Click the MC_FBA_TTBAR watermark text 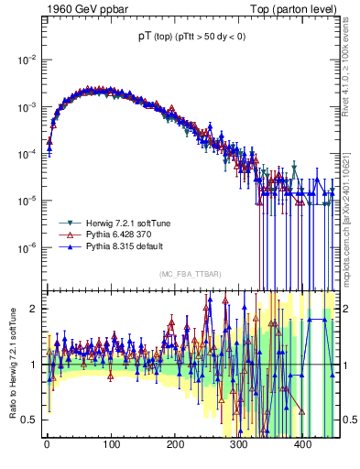coord(191,275)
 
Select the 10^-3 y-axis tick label coord(27,107)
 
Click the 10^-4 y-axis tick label coord(27,154)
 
